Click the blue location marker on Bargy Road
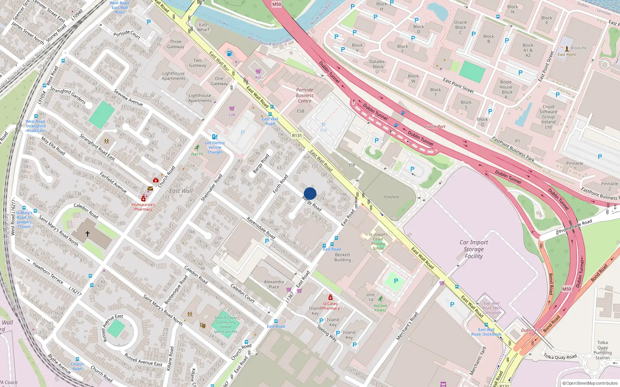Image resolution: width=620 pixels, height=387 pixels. tap(310, 193)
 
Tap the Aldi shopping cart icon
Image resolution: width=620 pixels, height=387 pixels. tap(258, 72)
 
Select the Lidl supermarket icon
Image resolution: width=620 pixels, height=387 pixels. tap(232, 109)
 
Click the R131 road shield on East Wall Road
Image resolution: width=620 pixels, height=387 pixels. tap(297, 135)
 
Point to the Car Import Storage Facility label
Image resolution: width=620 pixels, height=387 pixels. tap(474, 249)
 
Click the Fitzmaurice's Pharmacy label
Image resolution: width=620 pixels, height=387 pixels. tap(143, 207)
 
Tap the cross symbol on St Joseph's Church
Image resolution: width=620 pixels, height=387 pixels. tap(88, 234)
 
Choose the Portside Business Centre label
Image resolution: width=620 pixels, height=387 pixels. tap(305, 95)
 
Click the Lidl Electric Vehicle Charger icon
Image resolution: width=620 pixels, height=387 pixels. tap(215, 137)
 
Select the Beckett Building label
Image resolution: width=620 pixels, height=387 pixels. tap(343, 257)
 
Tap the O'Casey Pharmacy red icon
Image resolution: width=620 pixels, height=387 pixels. tap(330, 297)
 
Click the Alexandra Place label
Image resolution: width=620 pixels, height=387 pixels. tap(274, 284)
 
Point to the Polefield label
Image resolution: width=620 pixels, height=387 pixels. tap(391, 197)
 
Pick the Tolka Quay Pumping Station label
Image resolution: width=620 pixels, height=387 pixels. tap(602, 350)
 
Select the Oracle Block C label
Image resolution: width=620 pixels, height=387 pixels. tap(460, 27)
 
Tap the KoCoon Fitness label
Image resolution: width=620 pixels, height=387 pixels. tap(380, 308)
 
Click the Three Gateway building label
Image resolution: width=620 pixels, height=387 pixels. tap(176, 44)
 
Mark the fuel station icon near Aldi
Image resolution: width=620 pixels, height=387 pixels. tap(230, 53)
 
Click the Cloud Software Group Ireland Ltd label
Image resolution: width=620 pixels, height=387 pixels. tap(548, 116)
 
